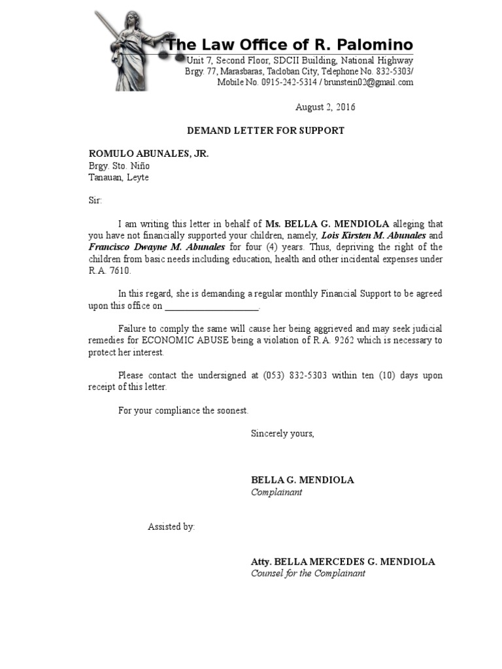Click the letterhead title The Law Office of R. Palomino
click(x=290, y=45)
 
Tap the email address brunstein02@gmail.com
click(x=369, y=82)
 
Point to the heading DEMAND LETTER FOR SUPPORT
click(x=265, y=131)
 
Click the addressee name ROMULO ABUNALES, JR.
click(x=148, y=154)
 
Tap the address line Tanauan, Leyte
click(x=118, y=178)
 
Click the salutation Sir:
click(x=95, y=201)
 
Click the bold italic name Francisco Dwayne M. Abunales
click(x=156, y=247)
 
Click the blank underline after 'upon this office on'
click(x=212, y=306)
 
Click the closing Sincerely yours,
click(x=282, y=433)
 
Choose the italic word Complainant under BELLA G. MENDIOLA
click(x=276, y=492)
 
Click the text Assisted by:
click(x=171, y=527)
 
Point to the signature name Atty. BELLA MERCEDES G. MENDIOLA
click(x=343, y=562)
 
